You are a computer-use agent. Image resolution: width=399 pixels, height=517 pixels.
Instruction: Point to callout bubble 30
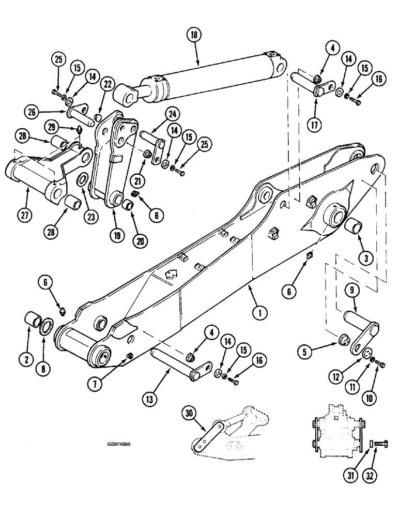click(189, 414)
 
